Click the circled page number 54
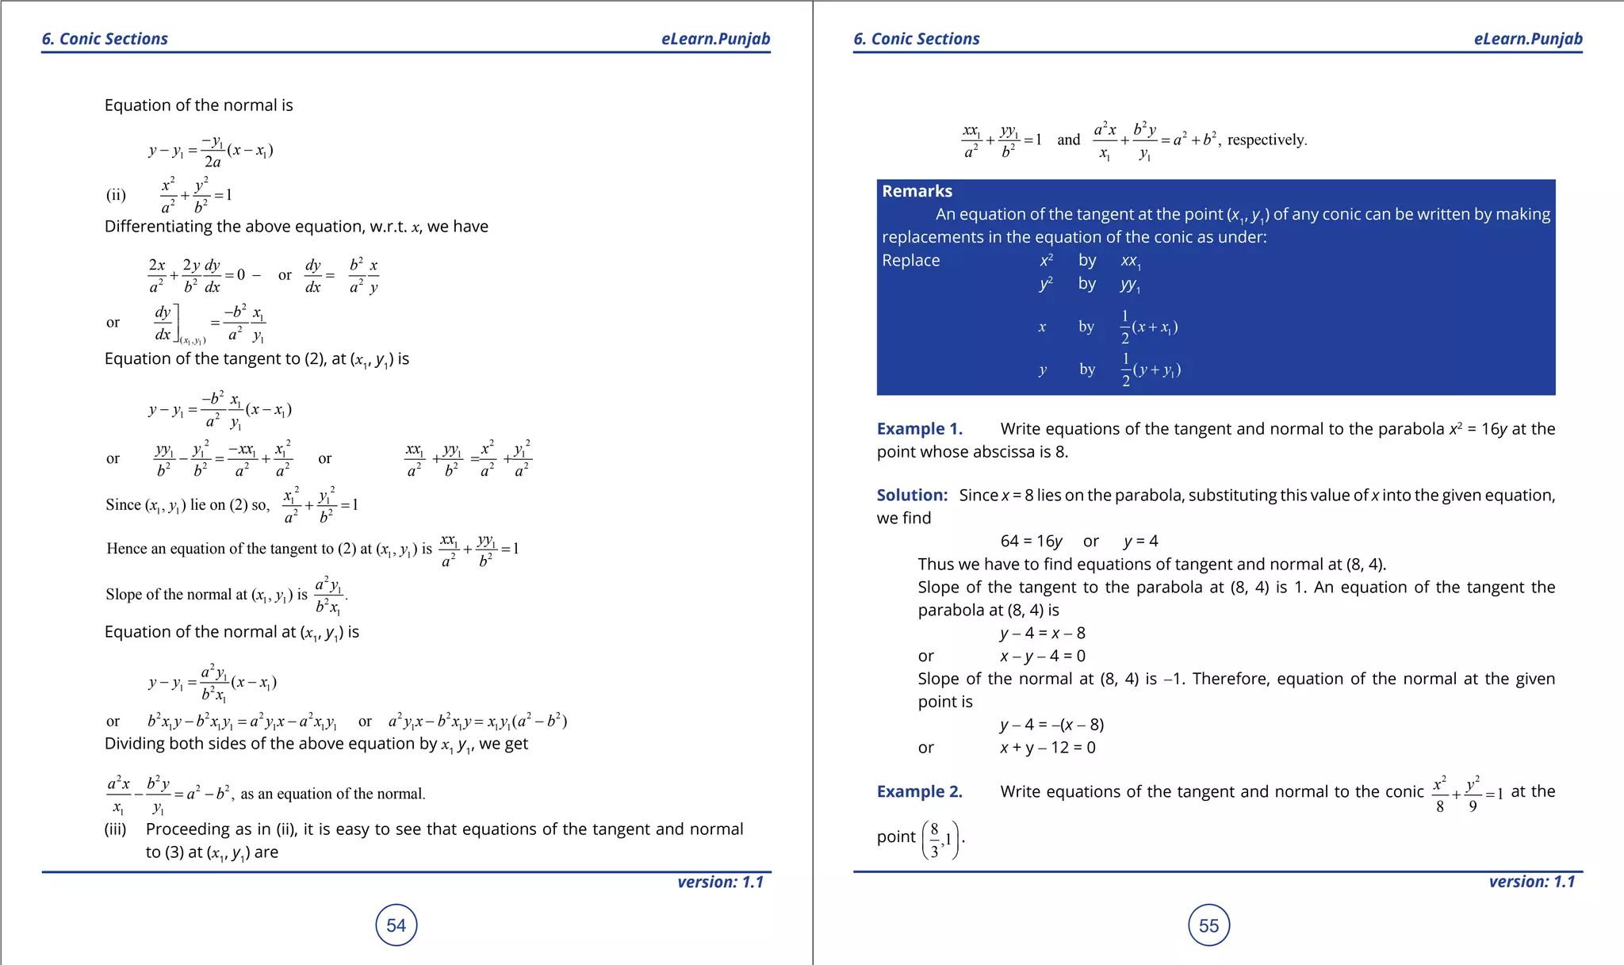(396, 925)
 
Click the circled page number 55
(1208, 925)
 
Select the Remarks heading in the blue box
(917, 191)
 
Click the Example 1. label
(919, 429)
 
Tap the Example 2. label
(919, 791)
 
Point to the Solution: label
(912, 495)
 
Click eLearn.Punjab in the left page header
(715, 39)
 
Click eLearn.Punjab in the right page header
(1527, 39)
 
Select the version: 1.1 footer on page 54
(720, 882)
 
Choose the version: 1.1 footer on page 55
(1531, 882)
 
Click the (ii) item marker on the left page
(116, 195)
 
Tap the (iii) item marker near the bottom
(116, 829)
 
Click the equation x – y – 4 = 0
(1042, 656)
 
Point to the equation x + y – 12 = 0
(1047, 747)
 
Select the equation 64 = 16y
(1031, 541)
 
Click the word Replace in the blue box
(910, 260)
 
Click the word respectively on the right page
(1266, 140)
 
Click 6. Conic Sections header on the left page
(105, 39)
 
